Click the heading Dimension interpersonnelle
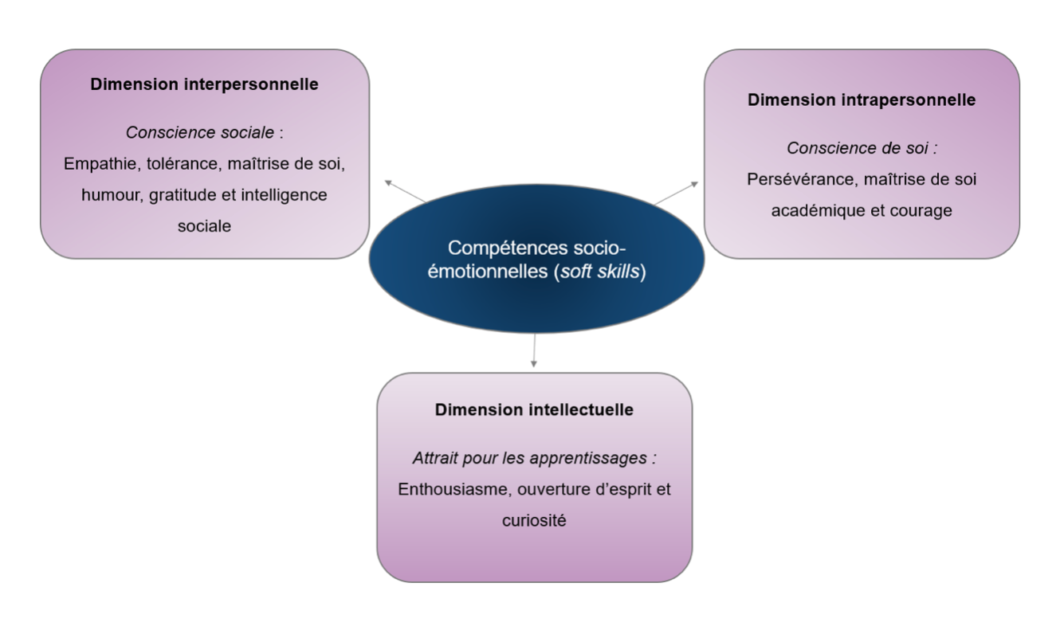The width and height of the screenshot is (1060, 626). pyautogui.click(x=204, y=84)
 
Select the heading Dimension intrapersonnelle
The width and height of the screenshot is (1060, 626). pyautogui.click(x=862, y=100)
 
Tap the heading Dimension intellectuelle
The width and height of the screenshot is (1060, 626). pyautogui.click(x=534, y=409)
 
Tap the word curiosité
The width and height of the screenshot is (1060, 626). pyautogui.click(x=534, y=521)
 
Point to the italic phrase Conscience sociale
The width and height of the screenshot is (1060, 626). pyautogui.click(x=199, y=132)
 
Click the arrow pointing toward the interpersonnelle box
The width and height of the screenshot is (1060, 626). pyautogui.click(x=405, y=192)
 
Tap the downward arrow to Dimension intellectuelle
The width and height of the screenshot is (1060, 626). pyautogui.click(x=534, y=350)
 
